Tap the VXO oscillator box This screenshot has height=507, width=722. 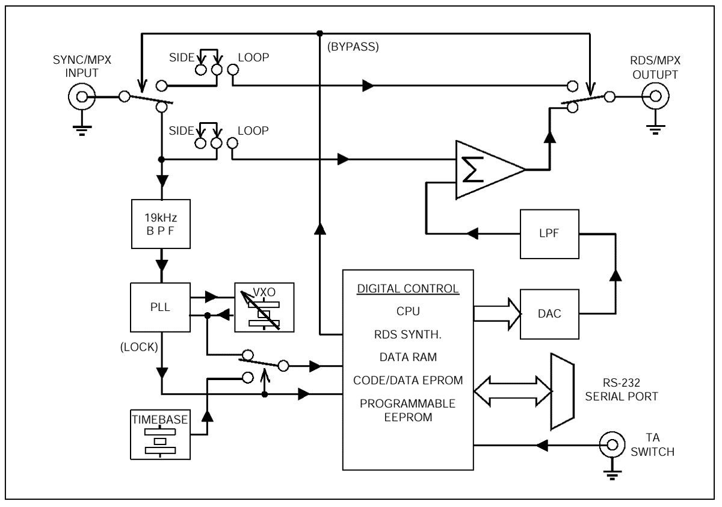click(x=264, y=307)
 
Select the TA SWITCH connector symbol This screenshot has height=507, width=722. click(x=612, y=445)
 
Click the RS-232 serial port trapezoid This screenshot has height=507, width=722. click(x=561, y=392)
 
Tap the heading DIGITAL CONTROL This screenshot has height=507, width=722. click(x=408, y=288)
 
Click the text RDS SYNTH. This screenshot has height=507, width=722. click(x=408, y=334)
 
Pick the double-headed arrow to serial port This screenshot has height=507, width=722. click(x=513, y=391)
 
